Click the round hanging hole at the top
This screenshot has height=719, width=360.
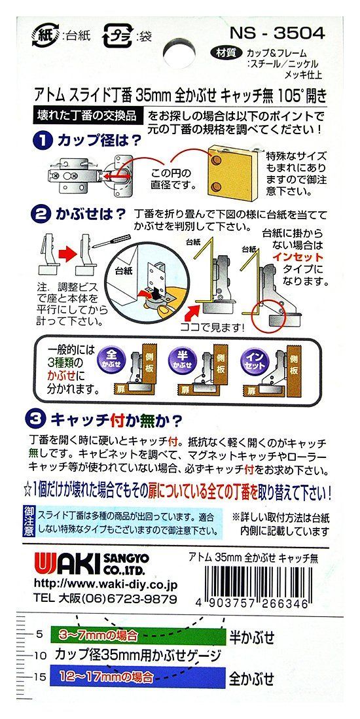click(179, 53)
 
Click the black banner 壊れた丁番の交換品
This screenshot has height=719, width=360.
click(86, 115)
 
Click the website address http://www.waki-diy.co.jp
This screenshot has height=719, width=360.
click(105, 585)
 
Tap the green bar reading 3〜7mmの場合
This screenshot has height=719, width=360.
click(138, 636)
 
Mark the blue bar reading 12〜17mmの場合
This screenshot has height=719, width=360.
click(138, 676)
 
